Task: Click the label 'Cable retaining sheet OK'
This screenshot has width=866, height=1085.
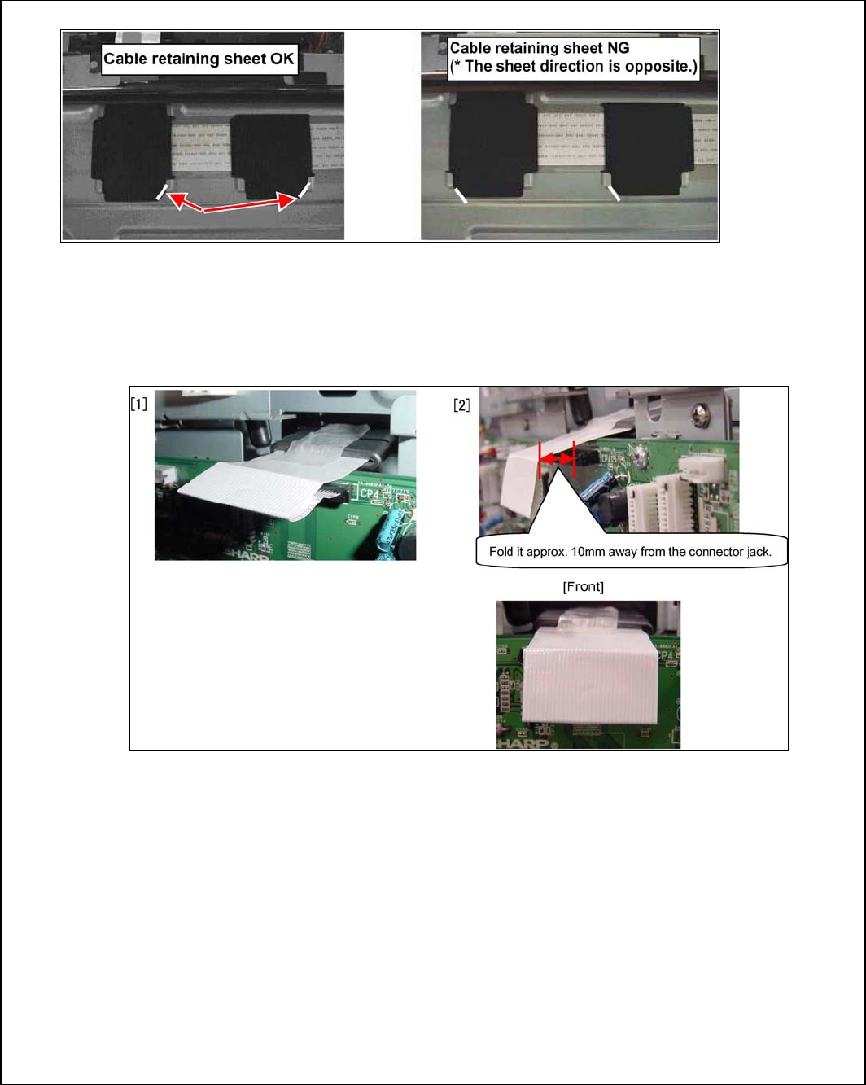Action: pyautogui.click(x=199, y=59)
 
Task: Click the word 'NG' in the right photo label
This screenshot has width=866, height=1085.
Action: pyautogui.click(x=619, y=48)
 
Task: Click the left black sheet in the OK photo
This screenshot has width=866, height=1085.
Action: pyautogui.click(x=132, y=151)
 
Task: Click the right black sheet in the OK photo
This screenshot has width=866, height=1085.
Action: pyautogui.click(x=272, y=156)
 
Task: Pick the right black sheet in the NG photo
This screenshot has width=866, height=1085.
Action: pyautogui.click(x=648, y=149)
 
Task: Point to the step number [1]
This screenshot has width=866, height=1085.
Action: pyautogui.click(x=139, y=404)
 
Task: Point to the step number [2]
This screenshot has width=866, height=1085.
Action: pyautogui.click(x=461, y=405)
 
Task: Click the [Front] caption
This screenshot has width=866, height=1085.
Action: pyautogui.click(x=584, y=586)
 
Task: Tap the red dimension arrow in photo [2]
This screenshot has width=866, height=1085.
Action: pyautogui.click(x=557, y=458)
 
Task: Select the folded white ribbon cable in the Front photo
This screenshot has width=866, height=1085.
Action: pyautogui.click(x=590, y=677)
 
